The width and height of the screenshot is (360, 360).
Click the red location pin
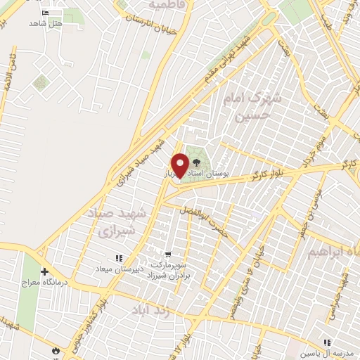tap(180, 165)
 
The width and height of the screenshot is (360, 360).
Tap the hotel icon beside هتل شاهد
tap(46, 13)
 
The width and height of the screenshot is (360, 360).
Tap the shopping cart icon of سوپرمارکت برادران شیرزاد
tap(167, 255)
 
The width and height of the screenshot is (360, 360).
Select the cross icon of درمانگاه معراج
tap(44, 271)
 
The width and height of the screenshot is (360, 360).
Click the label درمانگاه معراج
tap(67, 282)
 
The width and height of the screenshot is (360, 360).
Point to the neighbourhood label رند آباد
tap(151, 309)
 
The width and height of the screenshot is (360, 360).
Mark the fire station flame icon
tap(56, 349)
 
